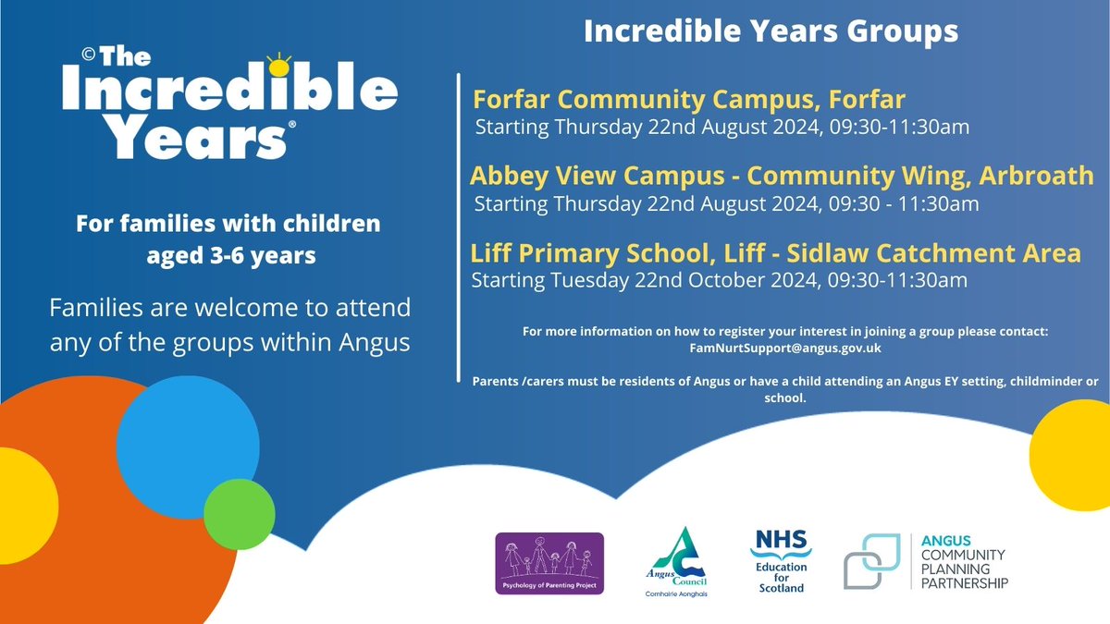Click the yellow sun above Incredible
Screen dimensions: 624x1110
coord(277,66)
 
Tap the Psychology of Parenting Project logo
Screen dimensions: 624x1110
coord(549,563)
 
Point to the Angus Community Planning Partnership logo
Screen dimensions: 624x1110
coord(926,561)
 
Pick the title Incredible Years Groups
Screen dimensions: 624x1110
coord(770,31)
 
